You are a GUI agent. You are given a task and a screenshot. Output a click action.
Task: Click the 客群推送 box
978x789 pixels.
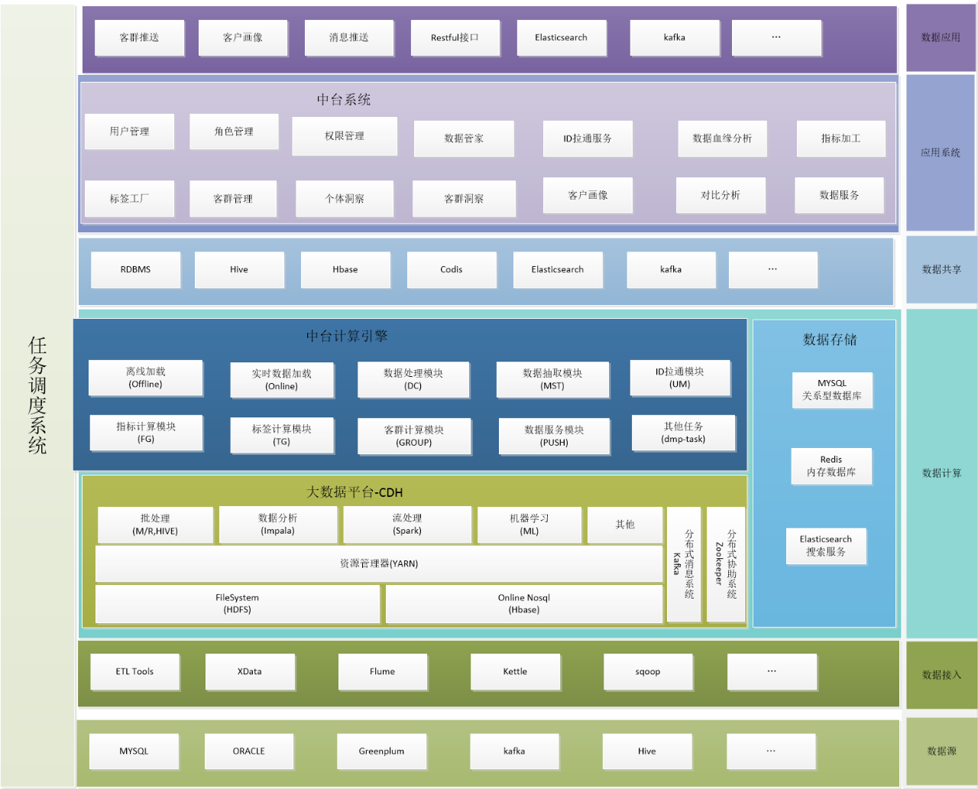tap(139, 37)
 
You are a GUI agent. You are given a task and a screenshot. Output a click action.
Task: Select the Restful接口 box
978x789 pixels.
tap(455, 37)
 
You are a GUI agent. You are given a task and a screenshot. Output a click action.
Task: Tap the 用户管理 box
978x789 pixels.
tap(129, 131)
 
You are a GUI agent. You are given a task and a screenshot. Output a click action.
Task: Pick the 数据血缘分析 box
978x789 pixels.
tap(722, 138)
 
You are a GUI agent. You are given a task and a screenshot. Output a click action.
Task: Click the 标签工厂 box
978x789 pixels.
tap(129, 199)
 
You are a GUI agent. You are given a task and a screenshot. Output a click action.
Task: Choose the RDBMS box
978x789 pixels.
tap(135, 270)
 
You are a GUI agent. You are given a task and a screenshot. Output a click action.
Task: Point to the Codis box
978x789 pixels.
tap(452, 270)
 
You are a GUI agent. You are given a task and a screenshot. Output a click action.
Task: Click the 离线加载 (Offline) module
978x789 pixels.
tap(145, 378)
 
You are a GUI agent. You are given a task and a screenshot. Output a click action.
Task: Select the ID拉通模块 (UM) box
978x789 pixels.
tap(680, 378)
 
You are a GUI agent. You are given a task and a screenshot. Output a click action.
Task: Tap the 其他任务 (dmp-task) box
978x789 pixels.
tap(684, 433)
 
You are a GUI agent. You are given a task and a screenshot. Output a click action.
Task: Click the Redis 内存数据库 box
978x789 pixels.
tap(831, 466)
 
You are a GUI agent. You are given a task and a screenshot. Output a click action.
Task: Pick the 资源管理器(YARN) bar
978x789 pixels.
tap(379, 563)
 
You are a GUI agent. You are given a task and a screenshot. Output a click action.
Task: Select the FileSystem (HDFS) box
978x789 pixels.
tap(238, 604)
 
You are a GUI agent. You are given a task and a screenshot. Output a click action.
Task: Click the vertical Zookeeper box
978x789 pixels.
tap(725, 564)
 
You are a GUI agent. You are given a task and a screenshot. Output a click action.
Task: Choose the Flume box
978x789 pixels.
tap(382, 672)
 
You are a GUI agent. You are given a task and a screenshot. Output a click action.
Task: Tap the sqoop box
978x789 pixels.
tap(648, 672)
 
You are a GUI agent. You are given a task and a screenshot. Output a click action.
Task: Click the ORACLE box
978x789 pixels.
tap(249, 752)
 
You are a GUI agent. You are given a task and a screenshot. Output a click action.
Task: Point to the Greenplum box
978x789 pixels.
tap(381, 752)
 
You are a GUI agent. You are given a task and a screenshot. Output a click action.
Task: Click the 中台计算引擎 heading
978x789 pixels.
tap(347, 336)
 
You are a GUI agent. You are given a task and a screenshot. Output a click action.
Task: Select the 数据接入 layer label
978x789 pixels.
tap(941, 675)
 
